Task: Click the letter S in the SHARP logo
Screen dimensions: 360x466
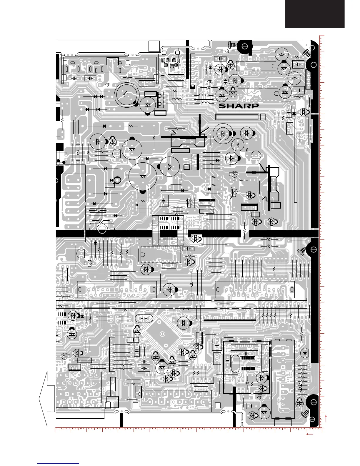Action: pyautogui.click(x=223, y=106)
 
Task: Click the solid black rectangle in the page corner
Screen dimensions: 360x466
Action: pyautogui.click(x=314, y=14)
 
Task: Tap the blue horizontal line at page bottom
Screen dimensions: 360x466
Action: pyautogui.click(x=59, y=464)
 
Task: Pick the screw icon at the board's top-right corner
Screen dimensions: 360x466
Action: pyautogui.click(x=306, y=54)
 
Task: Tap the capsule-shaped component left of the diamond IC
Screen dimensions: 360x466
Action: pyautogui.click(x=144, y=318)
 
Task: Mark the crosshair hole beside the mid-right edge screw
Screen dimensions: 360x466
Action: pyautogui.click(x=314, y=249)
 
